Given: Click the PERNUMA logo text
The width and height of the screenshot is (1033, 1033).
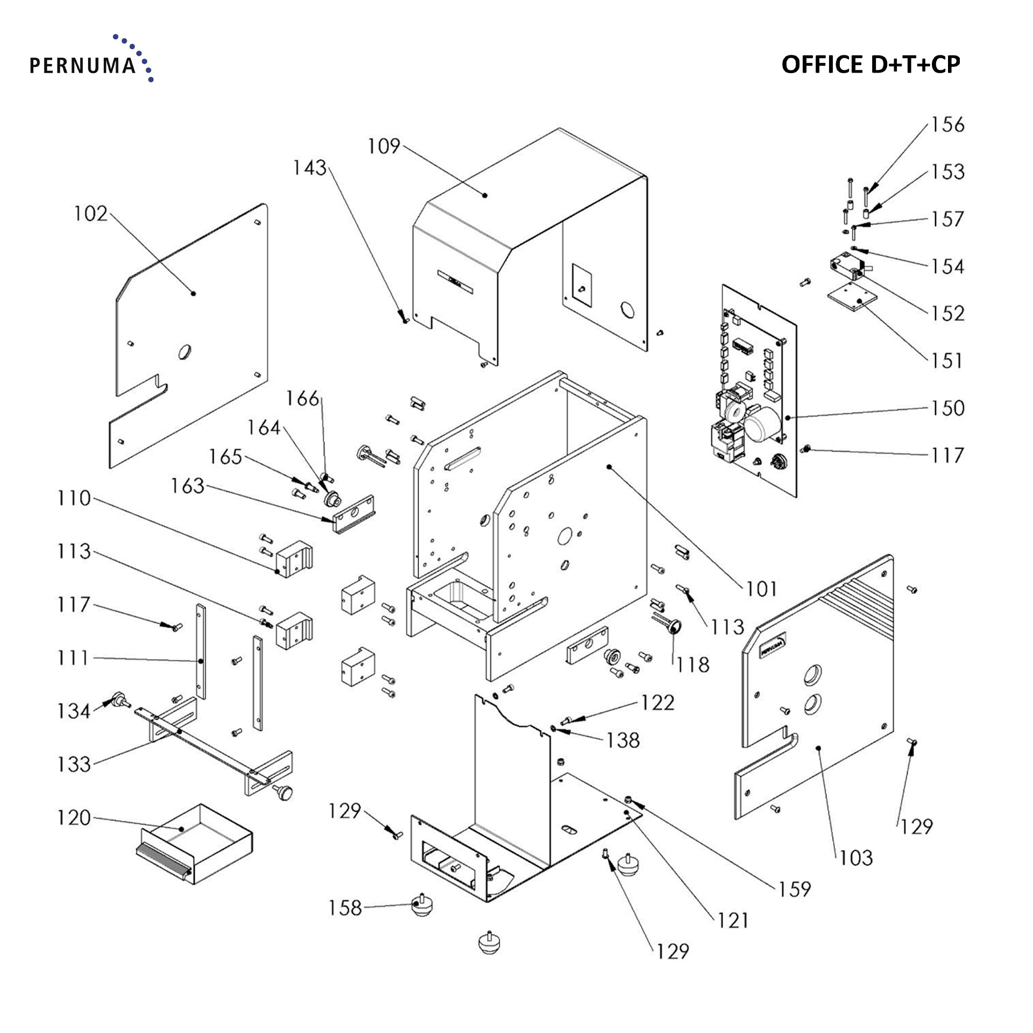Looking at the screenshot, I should pyautogui.click(x=82, y=66).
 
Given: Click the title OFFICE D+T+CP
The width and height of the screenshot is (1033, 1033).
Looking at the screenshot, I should pyautogui.click(x=870, y=65).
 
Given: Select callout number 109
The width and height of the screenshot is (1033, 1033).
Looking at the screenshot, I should pyautogui.click(x=384, y=146).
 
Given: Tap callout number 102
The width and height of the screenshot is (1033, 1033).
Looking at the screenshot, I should pyautogui.click(x=90, y=214).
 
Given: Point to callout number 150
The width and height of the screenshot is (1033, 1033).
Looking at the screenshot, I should pyautogui.click(x=947, y=408).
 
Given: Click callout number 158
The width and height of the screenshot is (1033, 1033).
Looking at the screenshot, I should pyautogui.click(x=345, y=908).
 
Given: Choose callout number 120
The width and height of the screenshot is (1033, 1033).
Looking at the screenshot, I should pyautogui.click(x=74, y=818).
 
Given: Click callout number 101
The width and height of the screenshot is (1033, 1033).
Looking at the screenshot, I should pyautogui.click(x=761, y=589).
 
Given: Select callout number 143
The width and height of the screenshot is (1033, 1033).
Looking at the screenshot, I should pyautogui.click(x=309, y=167).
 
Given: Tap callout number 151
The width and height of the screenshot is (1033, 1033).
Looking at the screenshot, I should pyautogui.click(x=947, y=360).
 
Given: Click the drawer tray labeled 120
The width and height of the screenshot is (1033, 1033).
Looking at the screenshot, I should pyautogui.click(x=196, y=845).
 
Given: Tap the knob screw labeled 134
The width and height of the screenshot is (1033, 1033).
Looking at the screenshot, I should pyautogui.click(x=117, y=701).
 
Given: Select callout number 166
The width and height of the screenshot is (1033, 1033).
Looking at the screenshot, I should pyautogui.click(x=302, y=399).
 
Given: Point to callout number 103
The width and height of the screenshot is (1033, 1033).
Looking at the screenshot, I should pyautogui.click(x=855, y=858).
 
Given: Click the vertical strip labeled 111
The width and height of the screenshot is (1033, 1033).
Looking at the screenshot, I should pyautogui.click(x=200, y=651).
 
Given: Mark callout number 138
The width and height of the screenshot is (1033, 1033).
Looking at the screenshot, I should pyautogui.click(x=623, y=741).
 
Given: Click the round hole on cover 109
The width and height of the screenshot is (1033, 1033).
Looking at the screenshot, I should pyautogui.click(x=627, y=310).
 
